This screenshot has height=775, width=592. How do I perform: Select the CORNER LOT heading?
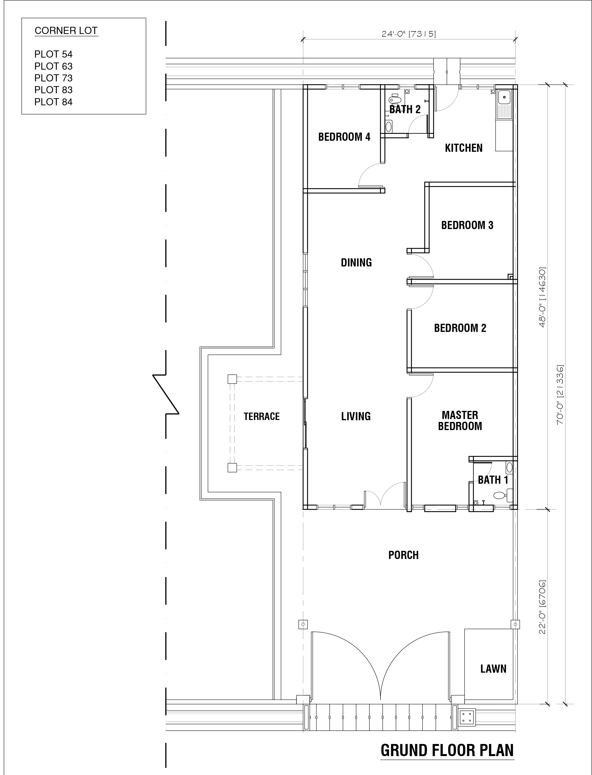[x=66, y=31]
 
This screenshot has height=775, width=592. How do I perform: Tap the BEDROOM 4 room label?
[x=344, y=137]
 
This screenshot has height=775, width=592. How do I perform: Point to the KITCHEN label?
[x=464, y=148]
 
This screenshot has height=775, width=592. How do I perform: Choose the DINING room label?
[x=356, y=263]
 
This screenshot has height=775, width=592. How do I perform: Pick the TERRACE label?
[x=261, y=417]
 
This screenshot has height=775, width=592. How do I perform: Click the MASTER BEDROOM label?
[x=460, y=420]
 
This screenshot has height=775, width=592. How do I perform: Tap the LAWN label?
[x=493, y=669]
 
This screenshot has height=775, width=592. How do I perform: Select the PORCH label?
[x=403, y=555]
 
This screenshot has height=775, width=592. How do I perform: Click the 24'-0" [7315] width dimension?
[x=409, y=34]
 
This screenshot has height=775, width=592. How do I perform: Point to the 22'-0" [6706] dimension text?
[x=542, y=607]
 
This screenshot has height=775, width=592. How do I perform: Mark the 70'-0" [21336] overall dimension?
[x=560, y=395]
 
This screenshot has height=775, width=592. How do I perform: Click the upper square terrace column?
[x=232, y=379]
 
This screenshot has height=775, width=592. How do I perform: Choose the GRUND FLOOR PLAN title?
[x=447, y=750]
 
